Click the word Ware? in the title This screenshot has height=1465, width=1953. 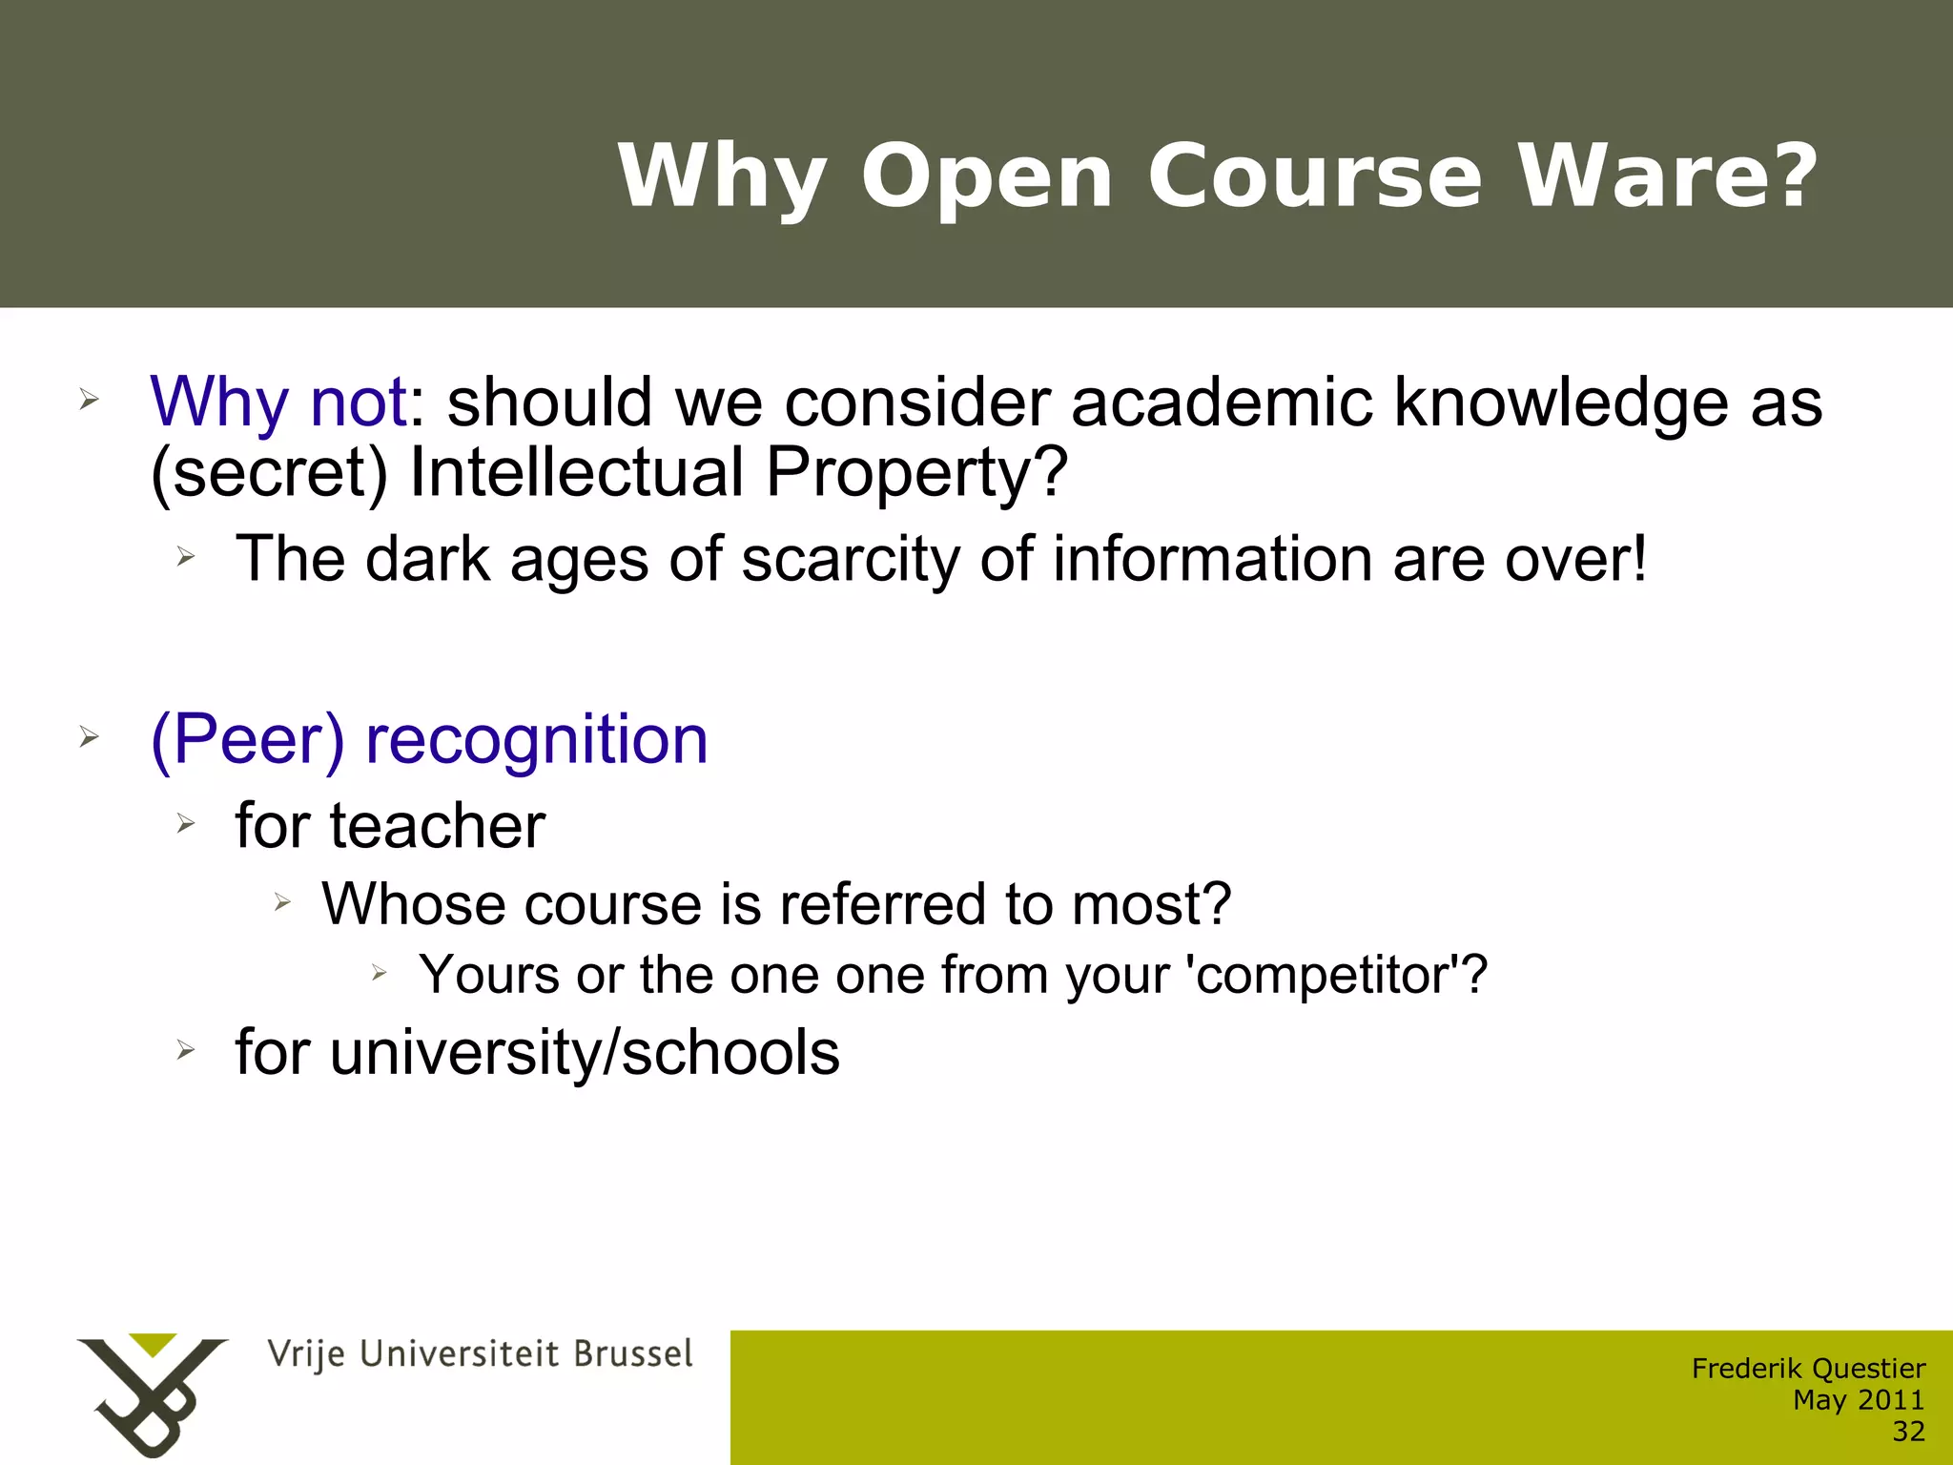pos(1669,176)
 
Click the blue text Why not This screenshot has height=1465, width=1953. pos(278,402)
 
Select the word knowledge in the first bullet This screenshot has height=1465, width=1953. pos(1561,402)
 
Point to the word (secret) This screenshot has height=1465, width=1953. pos(269,473)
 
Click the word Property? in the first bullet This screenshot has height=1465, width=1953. pos(916,473)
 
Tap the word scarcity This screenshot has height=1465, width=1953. pos(851,559)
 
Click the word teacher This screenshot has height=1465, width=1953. pos(438,825)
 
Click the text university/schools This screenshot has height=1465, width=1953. pos(585,1052)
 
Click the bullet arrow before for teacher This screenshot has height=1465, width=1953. pos(185,823)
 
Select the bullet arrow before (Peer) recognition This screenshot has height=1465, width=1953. pos(89,736)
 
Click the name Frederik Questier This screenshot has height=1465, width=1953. pos(1808,1369)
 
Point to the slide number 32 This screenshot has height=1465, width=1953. pos(1908,1432)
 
